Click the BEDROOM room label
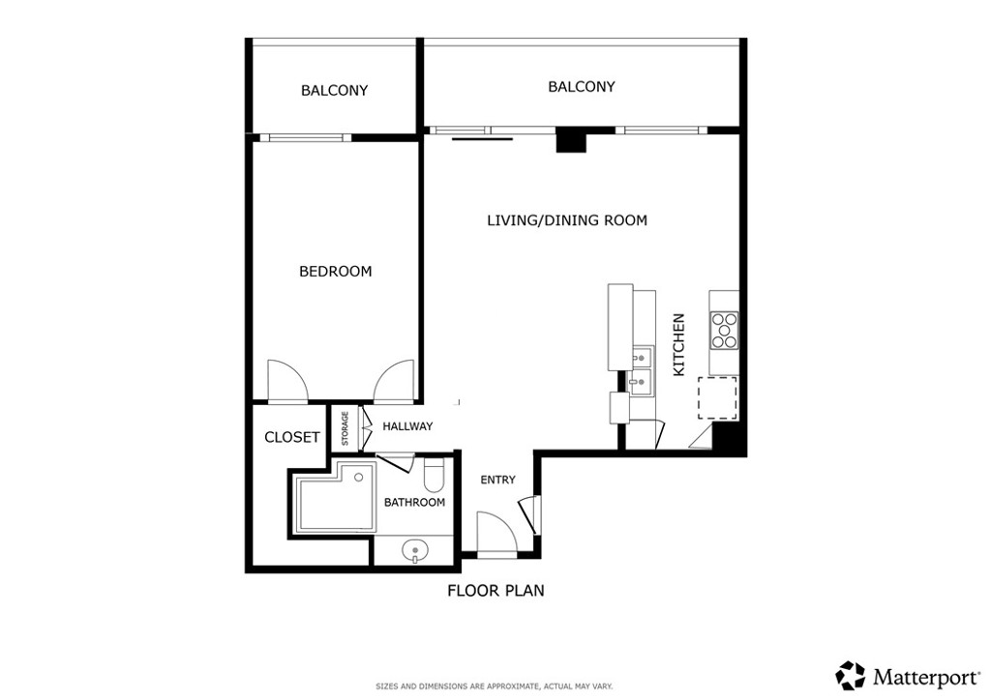[x=335, y=272]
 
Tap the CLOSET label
[x=291, y=437]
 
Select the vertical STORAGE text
[x=345, y=429]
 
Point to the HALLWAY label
[x=407, y=426]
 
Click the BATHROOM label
[x=414, y=503]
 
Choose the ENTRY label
[x=498, y=480]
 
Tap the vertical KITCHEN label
[x=678, y=344]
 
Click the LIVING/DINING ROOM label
[x=566, y=220]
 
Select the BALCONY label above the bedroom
[x=334, y=91]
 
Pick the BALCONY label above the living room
[x=581, y=87]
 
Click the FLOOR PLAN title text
[x=495, y=591]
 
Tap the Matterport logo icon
[x=851, y=674]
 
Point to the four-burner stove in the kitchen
[x=724, y=330]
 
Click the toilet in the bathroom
[x=434, y=477]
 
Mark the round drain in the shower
[x=358, y=478]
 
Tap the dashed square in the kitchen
[x=718, y=397]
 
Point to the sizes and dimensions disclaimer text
[x=495, y=686]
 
